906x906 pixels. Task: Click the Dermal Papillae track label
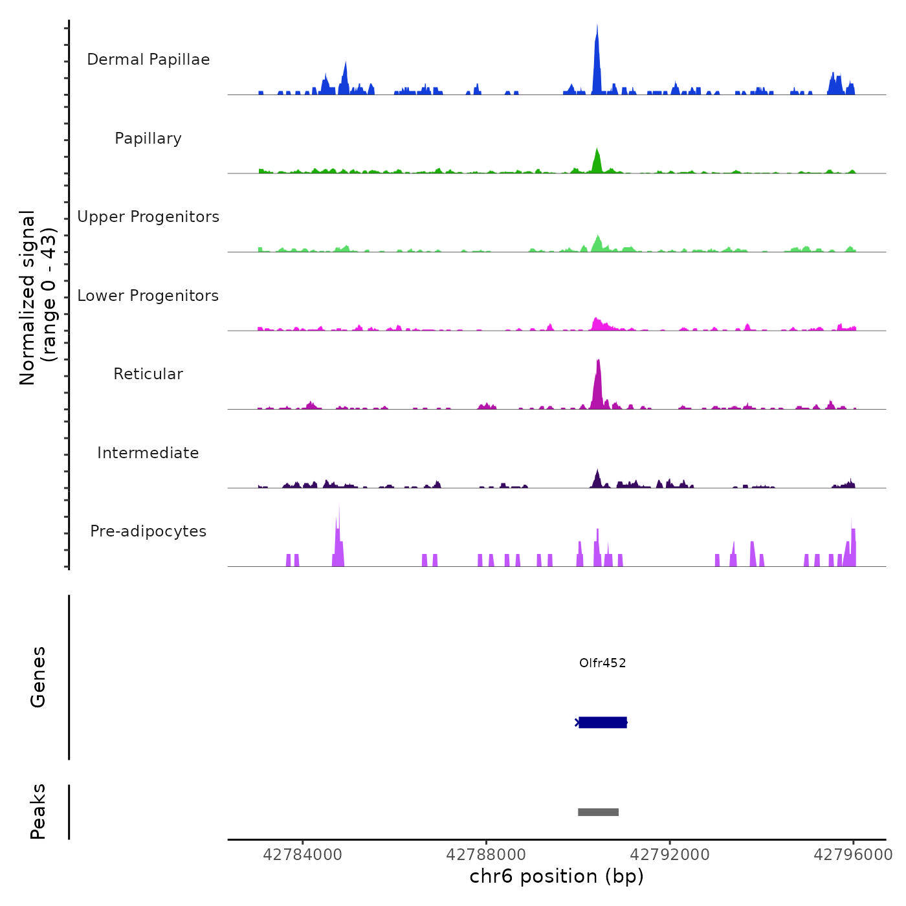148,60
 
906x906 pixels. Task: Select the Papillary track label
148,138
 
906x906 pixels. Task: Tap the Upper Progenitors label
148,217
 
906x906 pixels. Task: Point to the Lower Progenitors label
148,296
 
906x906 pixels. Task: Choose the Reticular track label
148,374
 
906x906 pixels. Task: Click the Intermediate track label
148,453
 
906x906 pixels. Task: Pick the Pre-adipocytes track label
148,531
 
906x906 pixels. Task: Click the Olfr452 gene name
602,663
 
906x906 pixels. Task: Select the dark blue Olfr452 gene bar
602,722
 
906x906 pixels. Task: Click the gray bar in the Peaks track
598,812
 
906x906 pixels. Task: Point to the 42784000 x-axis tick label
302,855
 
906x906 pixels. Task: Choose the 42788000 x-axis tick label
486,855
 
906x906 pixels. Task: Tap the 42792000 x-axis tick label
670,855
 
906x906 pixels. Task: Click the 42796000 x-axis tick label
853,855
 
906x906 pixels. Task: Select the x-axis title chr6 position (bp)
557,876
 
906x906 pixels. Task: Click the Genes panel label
38,677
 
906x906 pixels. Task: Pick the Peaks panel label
38,812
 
